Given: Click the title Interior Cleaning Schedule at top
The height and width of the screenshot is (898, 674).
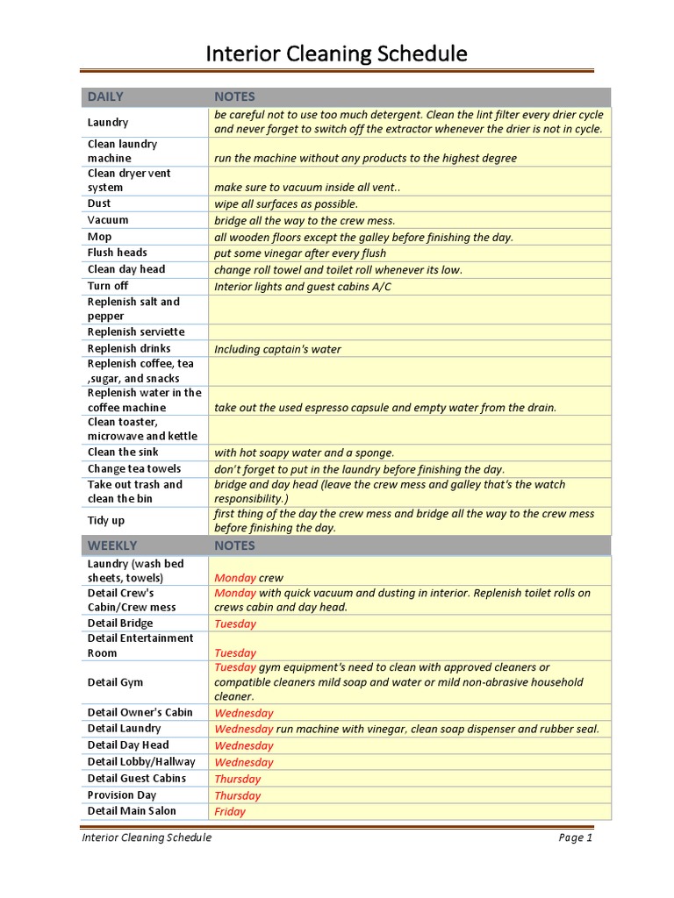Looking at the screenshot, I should point(336,54).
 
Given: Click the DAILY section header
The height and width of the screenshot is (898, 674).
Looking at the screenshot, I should point(105,96).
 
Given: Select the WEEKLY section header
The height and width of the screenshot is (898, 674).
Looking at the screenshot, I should point(111,545).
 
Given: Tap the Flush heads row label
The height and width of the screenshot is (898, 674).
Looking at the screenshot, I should point(118,253).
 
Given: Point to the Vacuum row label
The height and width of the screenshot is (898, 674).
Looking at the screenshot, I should point(108,220).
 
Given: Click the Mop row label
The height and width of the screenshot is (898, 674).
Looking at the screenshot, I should point(99,237).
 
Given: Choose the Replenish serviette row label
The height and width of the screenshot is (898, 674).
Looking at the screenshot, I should point(136,331).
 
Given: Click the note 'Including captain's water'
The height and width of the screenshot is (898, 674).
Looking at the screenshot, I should point(277,349).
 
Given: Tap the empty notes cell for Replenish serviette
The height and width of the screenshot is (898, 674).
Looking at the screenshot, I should point(408,331).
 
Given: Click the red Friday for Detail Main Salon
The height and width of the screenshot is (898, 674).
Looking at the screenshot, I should point(230,812).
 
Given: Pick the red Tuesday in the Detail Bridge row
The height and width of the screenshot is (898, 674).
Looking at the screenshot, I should point(235,624).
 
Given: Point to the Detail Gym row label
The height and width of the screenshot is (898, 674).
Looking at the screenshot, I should point(115,682).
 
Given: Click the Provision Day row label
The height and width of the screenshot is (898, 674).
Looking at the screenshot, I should point(122,795).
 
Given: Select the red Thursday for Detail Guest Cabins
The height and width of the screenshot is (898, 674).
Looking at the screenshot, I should point(237,779).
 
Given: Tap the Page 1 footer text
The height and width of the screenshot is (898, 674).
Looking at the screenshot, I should point(576,837).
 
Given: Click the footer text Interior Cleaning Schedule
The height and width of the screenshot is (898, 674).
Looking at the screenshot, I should point(147,837).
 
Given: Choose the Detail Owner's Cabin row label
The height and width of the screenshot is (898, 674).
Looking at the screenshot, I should point(140,712).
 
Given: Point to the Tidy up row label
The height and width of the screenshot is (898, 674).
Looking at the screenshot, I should point(106,521).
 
